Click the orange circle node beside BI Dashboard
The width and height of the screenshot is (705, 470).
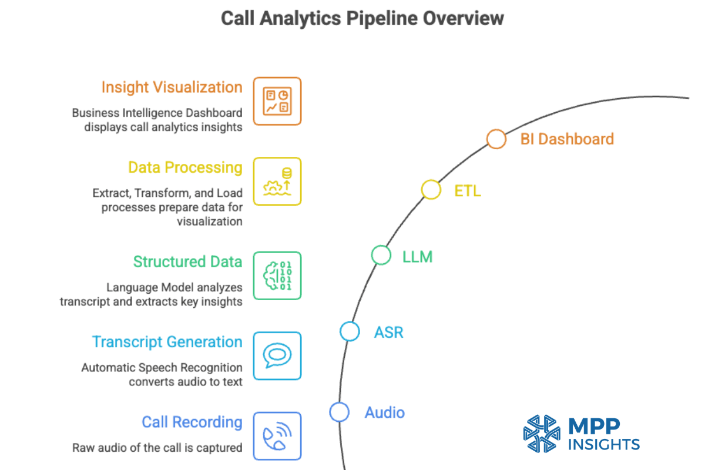click(496, 139)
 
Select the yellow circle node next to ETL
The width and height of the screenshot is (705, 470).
click(431, 190)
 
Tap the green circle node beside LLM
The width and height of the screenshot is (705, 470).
click(381, 255)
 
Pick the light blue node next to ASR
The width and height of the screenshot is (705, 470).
click(350, 331)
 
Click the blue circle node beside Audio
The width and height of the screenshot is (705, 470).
click(339, 412)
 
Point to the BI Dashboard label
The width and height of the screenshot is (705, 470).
click(567, 139)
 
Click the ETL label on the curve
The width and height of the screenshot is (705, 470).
click(468, 190)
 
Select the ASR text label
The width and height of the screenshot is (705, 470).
click(389, 332)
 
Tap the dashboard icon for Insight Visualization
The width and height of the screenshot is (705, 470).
click(277, 101)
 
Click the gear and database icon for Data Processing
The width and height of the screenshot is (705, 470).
click(277, 181)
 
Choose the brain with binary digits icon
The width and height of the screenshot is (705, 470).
click(277, 276)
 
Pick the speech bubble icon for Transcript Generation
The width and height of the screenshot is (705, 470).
click(277, 355)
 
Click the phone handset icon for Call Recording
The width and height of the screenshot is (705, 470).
click(277, 435)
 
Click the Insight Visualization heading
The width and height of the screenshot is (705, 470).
click(172, 88)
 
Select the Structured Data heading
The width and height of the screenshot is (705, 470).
click(187, 261)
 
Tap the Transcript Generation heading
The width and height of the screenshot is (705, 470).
click(167, 342)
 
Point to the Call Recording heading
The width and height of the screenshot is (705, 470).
click(192, 422)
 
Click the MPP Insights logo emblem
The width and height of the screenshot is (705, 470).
click(542, 434)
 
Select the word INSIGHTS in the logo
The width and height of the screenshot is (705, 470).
click(604, 444)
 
